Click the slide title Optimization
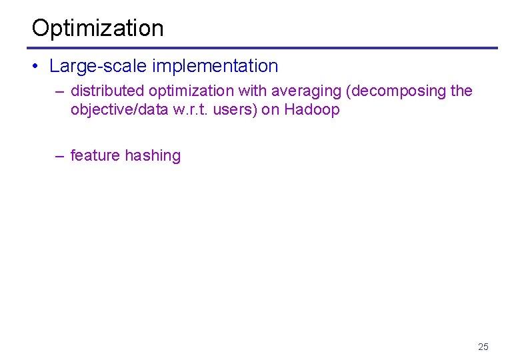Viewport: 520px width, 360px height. coord(97,28)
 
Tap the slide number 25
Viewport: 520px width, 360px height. coord(483,346)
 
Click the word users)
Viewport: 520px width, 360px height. coord(237,109)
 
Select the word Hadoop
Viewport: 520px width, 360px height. coord(312,109)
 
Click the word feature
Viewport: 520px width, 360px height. coord(95,155)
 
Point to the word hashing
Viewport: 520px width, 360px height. coord(153,155)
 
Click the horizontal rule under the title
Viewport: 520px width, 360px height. coord(262,48)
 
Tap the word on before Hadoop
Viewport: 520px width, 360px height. coord(270,109)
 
